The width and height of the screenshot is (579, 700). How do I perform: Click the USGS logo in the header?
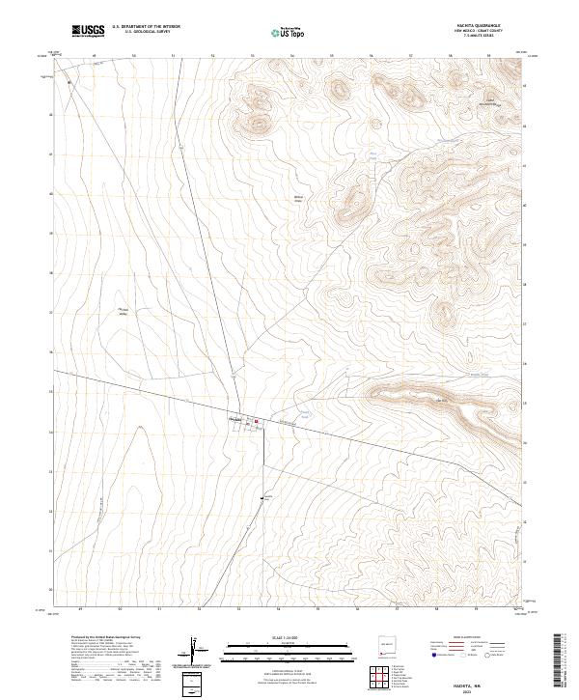[x=89, y=31]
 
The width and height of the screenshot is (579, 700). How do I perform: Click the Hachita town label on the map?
[x=234, y=419]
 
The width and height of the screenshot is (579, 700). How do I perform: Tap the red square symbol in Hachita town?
[x=257, y=421]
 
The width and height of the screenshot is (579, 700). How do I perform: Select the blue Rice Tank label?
[x=373, y=154]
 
